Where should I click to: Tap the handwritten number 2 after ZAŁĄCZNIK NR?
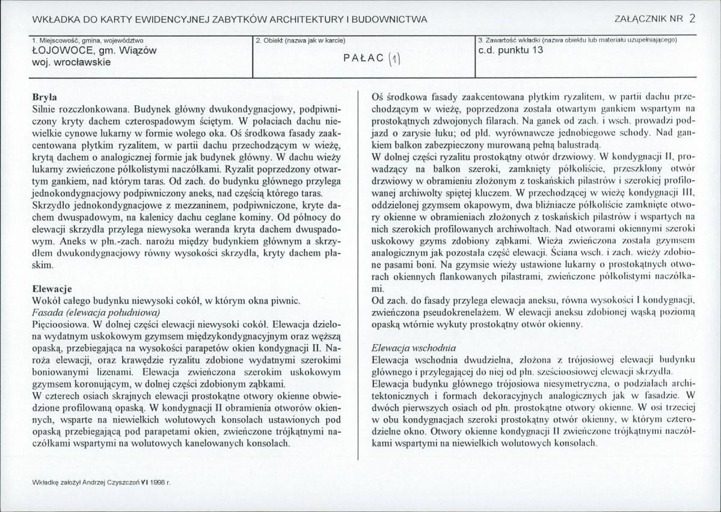[x=693, y=17]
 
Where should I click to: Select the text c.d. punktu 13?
[x=511, y=51]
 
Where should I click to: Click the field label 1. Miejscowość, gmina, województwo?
[x=87, y=40]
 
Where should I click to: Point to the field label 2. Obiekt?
[x=301, y=40]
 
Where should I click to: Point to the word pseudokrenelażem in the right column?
[x=465, y=313]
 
